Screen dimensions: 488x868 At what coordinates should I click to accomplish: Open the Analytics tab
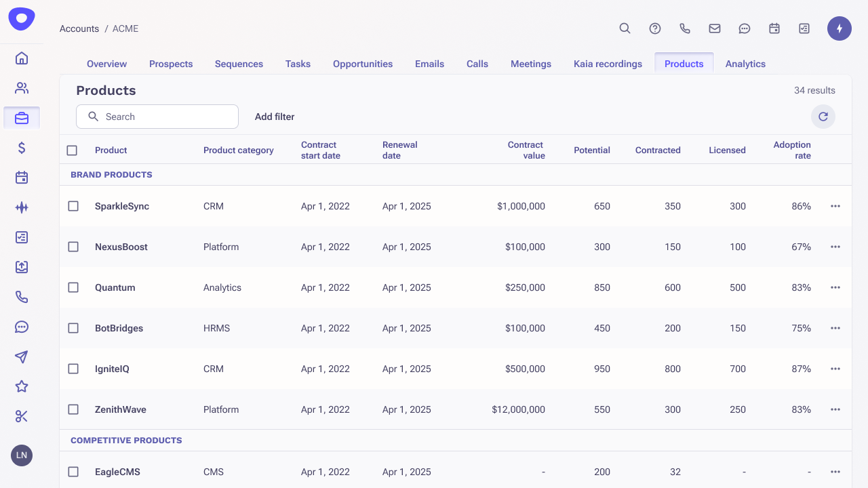click(745, 64)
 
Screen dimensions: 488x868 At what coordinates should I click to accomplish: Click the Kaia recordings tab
click(608, 64)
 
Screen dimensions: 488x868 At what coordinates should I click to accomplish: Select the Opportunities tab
click(363, 64)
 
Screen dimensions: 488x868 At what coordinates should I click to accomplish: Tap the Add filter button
click(275, 117)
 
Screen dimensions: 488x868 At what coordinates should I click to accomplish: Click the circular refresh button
click(823, 117)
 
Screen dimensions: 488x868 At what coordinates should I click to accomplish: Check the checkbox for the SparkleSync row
click(73, 206)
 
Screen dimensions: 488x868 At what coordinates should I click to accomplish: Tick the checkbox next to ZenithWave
click(73, 409)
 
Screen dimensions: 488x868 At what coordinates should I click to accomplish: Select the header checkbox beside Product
click(72, 150)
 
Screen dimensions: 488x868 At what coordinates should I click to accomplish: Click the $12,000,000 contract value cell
click(519, 409)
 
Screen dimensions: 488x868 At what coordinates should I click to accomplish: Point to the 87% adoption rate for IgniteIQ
click(801, 369)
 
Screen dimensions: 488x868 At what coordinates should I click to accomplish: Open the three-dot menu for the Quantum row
click(835, 287)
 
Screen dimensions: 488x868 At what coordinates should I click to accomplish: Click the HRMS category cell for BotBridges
click(216, 328)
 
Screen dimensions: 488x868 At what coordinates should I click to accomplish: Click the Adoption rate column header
click(792, 150)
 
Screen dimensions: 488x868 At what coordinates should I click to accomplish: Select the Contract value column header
click(526, 150)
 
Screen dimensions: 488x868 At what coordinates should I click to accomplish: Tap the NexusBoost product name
click(121, 247)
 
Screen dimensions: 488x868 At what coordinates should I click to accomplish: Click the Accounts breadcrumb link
click(79, 28)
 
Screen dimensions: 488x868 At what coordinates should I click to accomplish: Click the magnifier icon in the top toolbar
click(625, 28)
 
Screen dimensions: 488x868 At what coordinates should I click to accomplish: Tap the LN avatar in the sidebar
click(22, 455)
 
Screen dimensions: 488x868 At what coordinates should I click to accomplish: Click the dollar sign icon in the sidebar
click(22, 148)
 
